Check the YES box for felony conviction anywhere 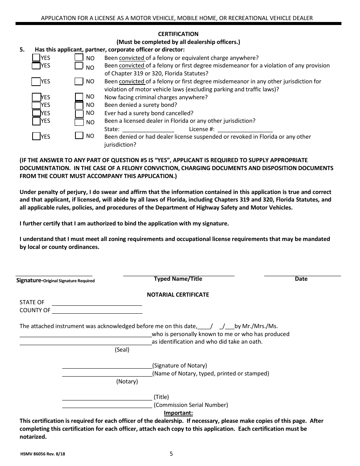pyautogui.click(x=36, y=58)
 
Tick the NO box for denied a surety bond pyautogui.click(x=79, y=105)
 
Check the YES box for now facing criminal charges pyautogui.click(x=36, y=97)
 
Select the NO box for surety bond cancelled pyautogui.click(x=79, y=113)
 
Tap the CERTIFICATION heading pyautogui.click(x=178, y=34)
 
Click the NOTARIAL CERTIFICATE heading pyautogui.click(x=178, y=294)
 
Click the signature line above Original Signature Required pyautogui.click(x=54, y=274)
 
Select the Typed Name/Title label pyautogui.click(x=178, y=279)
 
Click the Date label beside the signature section pyautogui.click(x=301, y=279)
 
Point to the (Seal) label pyautogui.click(x=122, y=350)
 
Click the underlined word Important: pyautogui.click(x=178, y=413)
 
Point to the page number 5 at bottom pyautogui.click(x=171, y=453)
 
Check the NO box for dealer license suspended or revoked pyautogui.click(x=79, y=136)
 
